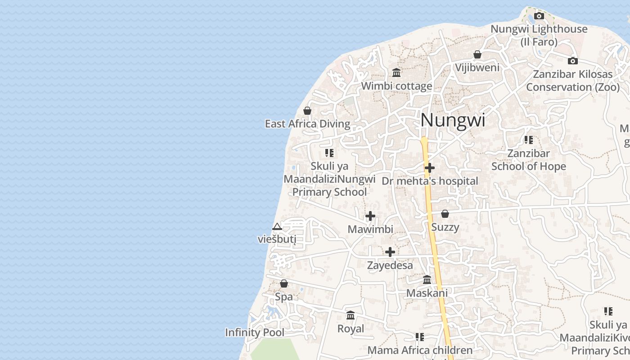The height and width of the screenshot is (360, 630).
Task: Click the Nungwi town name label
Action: point(453,120)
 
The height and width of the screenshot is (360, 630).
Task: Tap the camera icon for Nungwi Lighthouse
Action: point(539,16)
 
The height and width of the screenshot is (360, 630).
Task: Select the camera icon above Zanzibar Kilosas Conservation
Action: point(572,61)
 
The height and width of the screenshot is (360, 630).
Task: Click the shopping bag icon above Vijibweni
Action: point(477,55)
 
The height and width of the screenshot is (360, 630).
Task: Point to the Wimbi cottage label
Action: point(396,86)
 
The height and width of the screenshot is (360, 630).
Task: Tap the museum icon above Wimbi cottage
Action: point(396,72)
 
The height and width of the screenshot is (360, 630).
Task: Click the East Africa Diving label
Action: point(307,124)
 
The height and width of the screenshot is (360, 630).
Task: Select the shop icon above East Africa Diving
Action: point(307,111)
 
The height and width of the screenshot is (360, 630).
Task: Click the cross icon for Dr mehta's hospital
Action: point(430,168)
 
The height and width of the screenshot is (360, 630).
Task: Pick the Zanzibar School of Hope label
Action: point(528,160)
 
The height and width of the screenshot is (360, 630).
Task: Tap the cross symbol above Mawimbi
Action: point(370,216)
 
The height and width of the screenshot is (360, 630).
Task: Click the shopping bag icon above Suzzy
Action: point(445,214)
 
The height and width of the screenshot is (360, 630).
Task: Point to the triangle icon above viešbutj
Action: point(277,226)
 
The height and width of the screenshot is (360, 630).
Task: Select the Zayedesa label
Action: point(390,265)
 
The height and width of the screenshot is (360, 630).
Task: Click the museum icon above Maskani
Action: point(427,280)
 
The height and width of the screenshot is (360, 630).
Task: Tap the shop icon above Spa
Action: point(284,283)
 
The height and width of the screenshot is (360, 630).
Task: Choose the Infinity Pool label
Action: point(255,333)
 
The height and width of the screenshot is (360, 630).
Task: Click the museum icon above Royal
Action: point(351,315)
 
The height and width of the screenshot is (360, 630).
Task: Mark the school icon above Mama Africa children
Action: point(420,337)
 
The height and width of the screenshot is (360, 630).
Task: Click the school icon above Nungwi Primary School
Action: point(329,153)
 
